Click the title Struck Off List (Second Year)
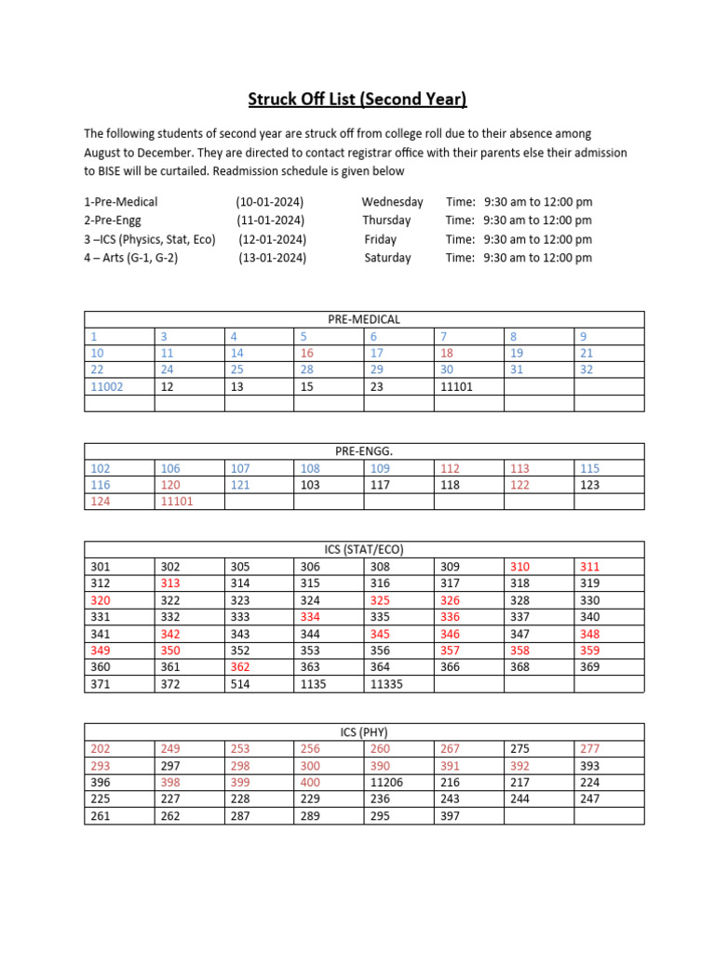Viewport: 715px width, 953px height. tap(357, 99)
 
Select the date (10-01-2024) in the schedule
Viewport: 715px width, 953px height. tap(270, 201)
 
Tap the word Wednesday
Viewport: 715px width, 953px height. tap(392, 201)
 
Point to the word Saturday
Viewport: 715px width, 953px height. tap(387, 258)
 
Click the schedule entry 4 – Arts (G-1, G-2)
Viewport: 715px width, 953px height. tap(130, 258)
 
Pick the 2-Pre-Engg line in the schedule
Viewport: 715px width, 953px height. tap(116, 220)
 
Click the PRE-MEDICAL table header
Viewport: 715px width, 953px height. tap(364, 319)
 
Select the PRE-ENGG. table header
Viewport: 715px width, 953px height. tap(364, 451)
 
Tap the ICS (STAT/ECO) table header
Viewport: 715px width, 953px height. tap(364, 549)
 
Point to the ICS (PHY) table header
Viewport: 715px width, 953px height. tap(364, 732)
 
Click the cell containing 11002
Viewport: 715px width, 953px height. tap(107, 386)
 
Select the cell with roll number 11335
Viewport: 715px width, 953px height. tap(386, 684)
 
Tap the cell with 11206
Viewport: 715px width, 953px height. tap(386, 783)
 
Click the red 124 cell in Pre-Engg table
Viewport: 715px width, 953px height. tap(101, 502)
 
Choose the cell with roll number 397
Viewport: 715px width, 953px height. tap(450, 816)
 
